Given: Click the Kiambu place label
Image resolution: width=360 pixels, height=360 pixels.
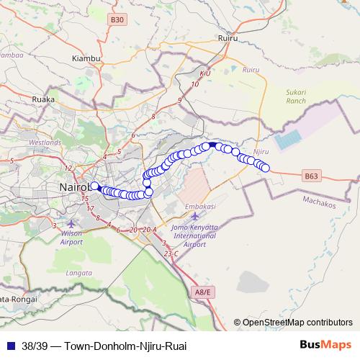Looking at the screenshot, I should coord(85,58).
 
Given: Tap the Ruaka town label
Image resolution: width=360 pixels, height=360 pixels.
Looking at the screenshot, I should coord(42,100).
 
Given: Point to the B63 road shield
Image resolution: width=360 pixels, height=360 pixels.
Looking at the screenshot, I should coord(310,175).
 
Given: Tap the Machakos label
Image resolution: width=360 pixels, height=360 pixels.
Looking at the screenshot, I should coord(320,204).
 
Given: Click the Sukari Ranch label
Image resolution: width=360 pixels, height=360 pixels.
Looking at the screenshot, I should coord(296,96).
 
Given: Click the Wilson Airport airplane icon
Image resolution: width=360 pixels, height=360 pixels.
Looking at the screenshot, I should coord(71,224).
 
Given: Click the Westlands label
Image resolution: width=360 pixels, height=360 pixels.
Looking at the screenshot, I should coord(45,143).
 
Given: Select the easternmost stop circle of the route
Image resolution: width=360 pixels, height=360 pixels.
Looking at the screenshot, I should coord(265,168).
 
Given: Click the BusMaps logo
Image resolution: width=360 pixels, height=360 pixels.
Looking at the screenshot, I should coord(327,345).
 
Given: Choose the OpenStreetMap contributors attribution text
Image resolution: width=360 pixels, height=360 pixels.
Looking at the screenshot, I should coord(297,323).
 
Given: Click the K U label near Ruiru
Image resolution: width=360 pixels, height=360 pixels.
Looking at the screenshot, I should coord(204,73).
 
